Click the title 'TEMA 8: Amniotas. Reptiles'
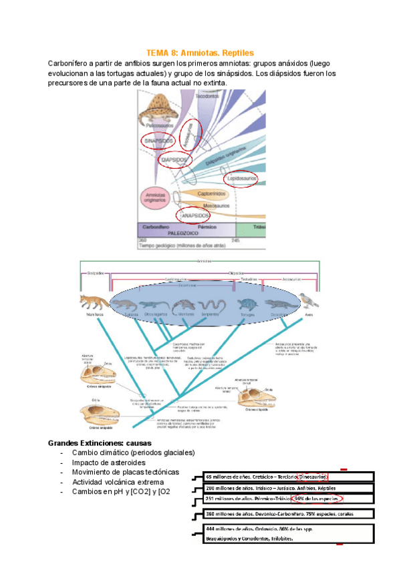tap(200, 52)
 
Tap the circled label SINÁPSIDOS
tap(158, 141)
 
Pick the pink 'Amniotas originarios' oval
tap(156, 197)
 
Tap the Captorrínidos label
tap(213, 194)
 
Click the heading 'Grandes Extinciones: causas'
tap(100, 443)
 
